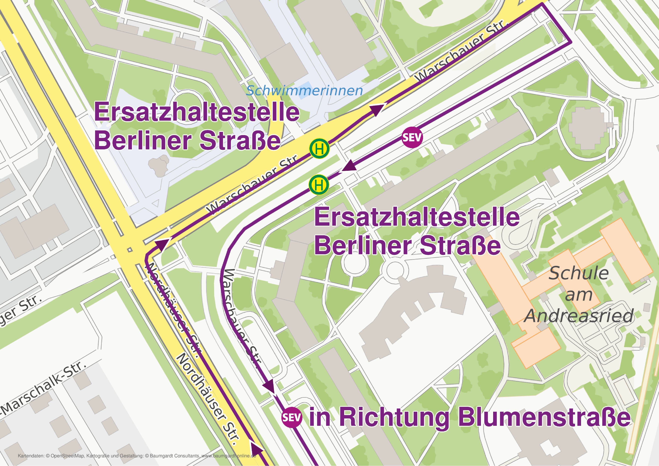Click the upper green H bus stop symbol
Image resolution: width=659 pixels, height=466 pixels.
pos(319,149)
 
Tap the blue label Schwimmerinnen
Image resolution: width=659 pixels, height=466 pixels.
pos(305,91)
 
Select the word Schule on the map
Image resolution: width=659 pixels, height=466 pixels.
pos(579,273)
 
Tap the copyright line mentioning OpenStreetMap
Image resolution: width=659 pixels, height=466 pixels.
pos(137,456)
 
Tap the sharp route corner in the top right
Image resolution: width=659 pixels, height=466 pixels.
pos(570,42)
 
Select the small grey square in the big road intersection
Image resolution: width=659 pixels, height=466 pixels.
pos(130,250)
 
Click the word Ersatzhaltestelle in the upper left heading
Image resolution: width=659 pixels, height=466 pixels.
pos(197,112)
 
